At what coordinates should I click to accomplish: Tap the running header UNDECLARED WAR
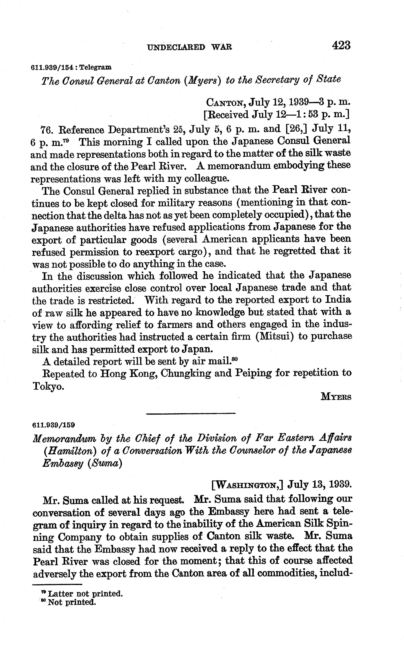(x=189, y=47)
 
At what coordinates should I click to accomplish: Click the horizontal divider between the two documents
(x=191, y=414)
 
